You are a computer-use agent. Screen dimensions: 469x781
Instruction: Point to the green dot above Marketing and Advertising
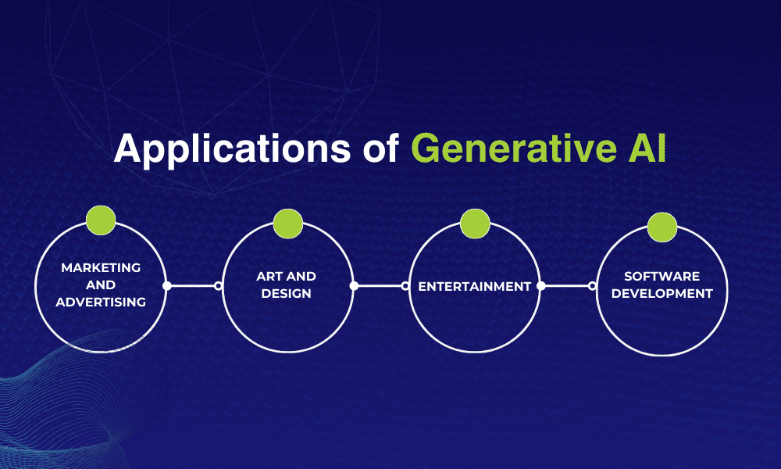101,220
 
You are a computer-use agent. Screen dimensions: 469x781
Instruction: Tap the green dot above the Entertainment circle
475,224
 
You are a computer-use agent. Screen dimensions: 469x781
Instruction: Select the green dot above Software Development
662,227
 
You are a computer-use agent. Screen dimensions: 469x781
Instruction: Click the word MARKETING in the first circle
102,267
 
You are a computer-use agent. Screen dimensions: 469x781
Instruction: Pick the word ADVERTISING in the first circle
102,302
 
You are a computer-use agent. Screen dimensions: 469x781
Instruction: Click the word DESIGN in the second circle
287,294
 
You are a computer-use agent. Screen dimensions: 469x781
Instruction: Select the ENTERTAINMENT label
475,286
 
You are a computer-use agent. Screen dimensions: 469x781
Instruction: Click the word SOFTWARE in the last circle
662,277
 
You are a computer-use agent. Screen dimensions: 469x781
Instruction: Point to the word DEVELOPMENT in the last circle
662,294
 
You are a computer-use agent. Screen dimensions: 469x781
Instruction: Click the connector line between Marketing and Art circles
192,286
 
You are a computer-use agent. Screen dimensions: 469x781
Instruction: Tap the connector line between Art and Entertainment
380,286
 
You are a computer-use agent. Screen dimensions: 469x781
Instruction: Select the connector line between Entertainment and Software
567,286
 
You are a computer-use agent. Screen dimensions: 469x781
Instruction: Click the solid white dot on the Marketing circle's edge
166,286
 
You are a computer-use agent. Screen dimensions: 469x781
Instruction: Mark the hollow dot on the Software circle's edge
592,286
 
